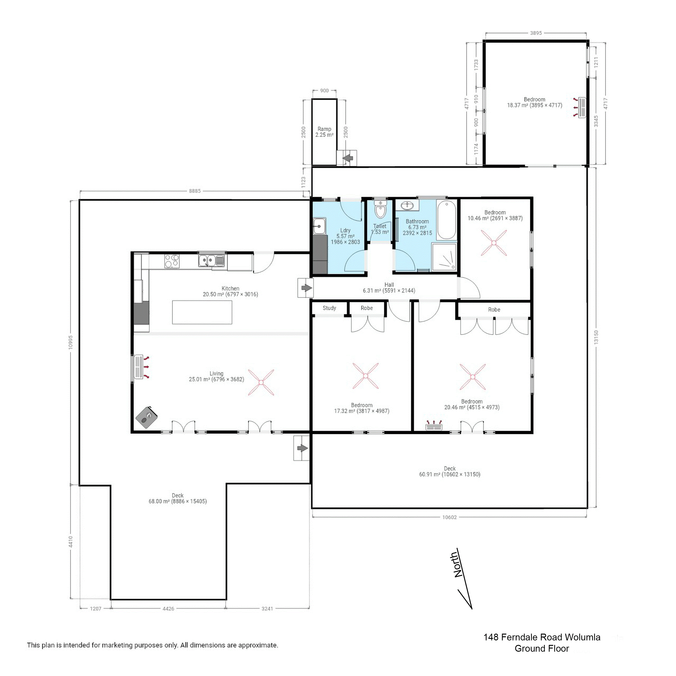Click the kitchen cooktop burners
point(172,261)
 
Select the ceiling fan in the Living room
point(261,382)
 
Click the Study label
point(329,308)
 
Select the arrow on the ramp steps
point(347,158)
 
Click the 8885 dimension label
point(195,191)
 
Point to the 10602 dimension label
point(449,517)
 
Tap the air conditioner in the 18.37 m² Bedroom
point(582,107)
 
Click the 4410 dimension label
point(71,542)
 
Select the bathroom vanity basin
point(407,205)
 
